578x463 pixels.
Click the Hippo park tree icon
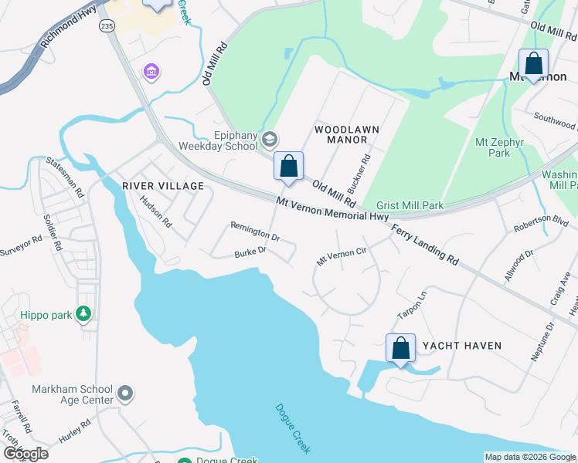click(83, 313)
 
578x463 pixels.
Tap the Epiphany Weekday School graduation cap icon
click(270, 140)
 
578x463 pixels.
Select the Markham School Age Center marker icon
click(125, 395)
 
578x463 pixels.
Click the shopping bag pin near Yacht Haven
click(400, 348)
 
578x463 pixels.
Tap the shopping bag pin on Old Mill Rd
click(288, 166)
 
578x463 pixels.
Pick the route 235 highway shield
click(106, 25)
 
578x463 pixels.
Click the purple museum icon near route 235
click(151, 73)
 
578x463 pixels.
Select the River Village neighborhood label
click(163, 186)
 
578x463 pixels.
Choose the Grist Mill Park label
click(410, 206)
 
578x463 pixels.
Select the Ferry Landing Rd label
click(424, 246)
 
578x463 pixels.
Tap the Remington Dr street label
click(254, 231)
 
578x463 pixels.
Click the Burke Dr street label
click(250, 252)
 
